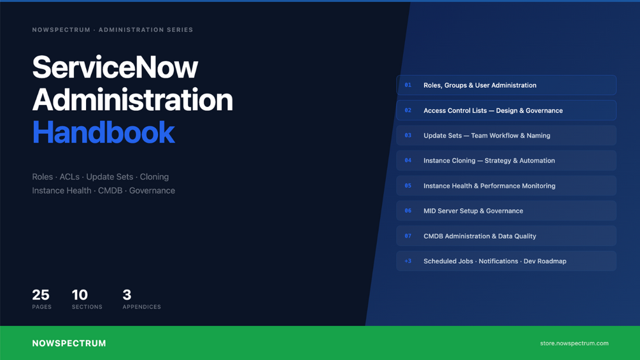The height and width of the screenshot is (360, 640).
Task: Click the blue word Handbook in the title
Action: coord(104,133)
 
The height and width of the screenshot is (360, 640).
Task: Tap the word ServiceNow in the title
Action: coord(115,67)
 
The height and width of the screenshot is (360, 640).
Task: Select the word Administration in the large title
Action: coord(132,99)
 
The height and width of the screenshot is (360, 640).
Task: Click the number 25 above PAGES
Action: coord(41,295)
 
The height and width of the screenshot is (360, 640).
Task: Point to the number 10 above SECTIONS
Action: coord(80,295)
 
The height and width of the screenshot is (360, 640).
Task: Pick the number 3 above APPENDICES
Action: coord(127,295)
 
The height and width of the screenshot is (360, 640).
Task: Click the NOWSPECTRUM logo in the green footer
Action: coord(69,343)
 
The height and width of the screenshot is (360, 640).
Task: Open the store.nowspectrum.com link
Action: coord(574,343)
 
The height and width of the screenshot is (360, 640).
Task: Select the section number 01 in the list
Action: coord(408,85)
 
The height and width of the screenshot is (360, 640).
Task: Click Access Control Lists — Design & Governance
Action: coord(493,111)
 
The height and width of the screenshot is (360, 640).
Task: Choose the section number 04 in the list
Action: coord(408,161)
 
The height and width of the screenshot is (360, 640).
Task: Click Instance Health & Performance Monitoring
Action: coord(489,185)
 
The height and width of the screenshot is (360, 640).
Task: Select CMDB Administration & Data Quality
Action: coord(480,236)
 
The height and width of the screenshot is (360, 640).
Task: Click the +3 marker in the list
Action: coord(408,261)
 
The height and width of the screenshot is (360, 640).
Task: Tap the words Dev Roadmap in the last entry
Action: coord(545,261)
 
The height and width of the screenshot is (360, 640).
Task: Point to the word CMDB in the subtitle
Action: coord(110,191)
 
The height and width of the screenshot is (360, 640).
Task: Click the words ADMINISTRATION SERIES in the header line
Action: coord(146,30)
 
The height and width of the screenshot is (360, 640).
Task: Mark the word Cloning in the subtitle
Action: coord(154,176)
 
